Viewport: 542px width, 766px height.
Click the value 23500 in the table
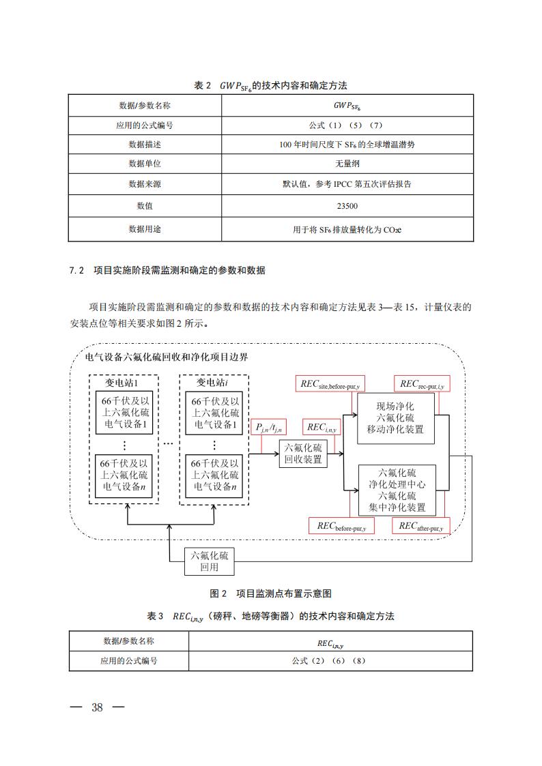click(x=347, y=206)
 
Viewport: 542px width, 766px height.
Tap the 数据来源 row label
click(x=145, y=184)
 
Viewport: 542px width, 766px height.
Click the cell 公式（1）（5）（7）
click(x=347, y=126)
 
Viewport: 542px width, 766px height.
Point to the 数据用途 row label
click(x=145, y=229)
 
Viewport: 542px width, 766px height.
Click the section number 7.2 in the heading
click(x=76, y=271)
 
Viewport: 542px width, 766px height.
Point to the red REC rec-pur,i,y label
click(x=422, y=383)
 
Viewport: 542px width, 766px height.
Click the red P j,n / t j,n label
click(x=270, y=427)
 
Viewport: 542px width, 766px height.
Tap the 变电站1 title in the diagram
click(x=124, y=383)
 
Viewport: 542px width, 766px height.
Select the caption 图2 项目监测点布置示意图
click(x=270, y=593)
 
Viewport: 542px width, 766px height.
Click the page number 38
click(x=97, y=707)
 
